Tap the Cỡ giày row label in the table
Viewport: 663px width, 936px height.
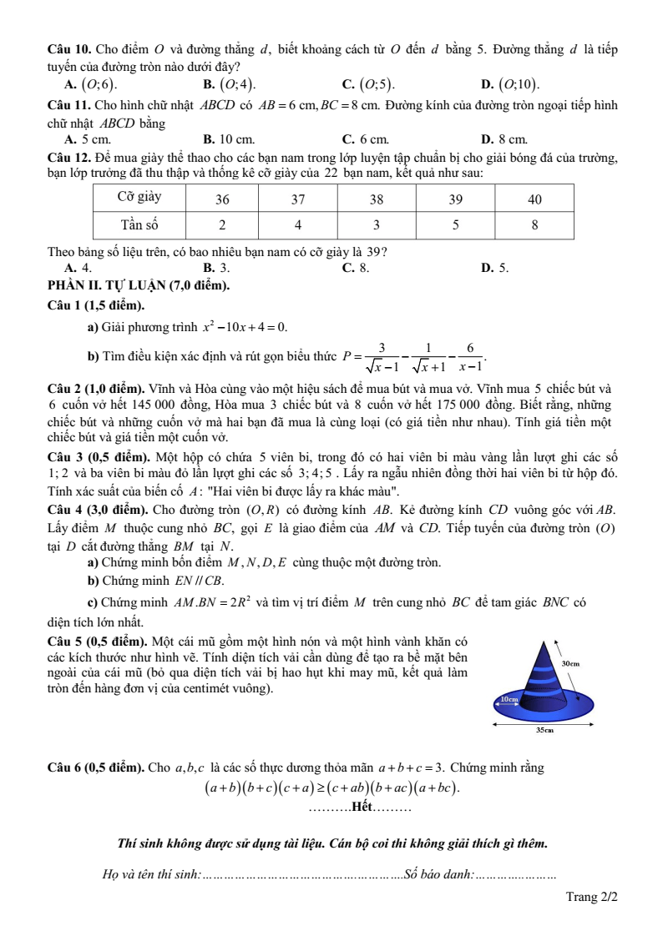point(139,199)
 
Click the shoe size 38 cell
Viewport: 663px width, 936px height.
point(377,199)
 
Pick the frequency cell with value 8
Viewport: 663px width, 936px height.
point(534,224)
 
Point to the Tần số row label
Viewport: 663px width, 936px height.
point(139,224)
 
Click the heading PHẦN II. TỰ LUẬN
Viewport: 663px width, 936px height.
point(139,286)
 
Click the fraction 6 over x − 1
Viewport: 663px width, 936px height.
point(470,357)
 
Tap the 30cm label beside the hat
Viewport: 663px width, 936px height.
point(571,662)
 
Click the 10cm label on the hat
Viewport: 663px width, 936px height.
point(509,697)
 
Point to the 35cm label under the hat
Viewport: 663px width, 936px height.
point(544,729)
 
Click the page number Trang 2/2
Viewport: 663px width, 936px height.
point(591,898)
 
